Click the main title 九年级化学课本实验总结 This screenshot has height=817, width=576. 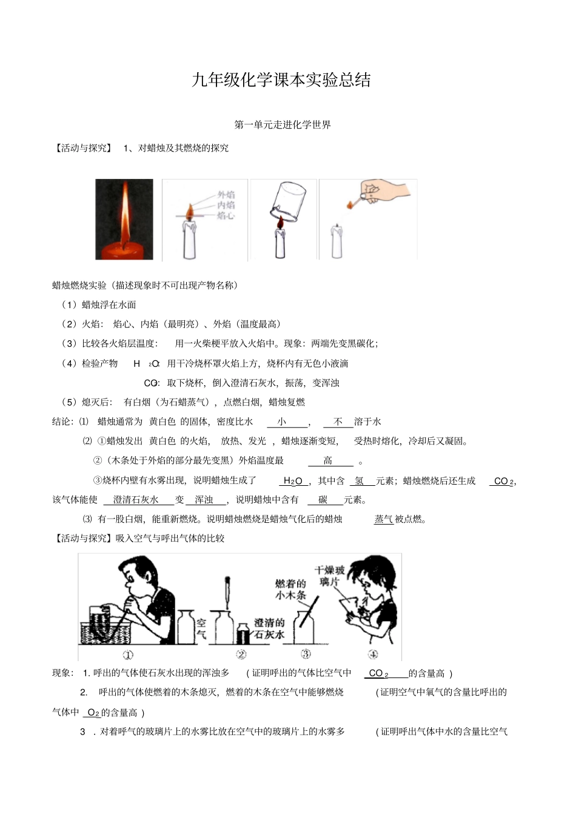tap(281, 81)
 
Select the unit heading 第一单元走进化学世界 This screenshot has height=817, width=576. tap(283, 125)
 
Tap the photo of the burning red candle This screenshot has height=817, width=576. tap(124, 220)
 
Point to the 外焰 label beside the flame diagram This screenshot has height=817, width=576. tap(226, 195)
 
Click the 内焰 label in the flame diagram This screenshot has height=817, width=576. tap(226, 205)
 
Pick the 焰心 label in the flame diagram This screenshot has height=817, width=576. tap(226, 215)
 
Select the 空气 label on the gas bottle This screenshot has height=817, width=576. tap(201, 628)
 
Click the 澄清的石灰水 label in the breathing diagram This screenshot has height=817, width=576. tap(269, 628)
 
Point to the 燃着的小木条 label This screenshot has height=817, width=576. tap(290, 589)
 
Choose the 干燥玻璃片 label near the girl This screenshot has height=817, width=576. tap(330, 576)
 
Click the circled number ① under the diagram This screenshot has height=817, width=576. tap(129, 654)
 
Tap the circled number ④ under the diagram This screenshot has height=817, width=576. tap(373, 654)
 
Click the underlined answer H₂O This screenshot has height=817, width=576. tap(293, 481)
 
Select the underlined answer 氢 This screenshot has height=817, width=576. tap(360, 481)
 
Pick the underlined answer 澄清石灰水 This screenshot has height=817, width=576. tap(136, 500)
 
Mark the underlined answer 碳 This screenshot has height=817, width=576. tap(323, 500)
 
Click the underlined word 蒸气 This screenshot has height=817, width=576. tap(383, 519)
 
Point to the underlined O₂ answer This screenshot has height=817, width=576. tap(93, 713)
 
